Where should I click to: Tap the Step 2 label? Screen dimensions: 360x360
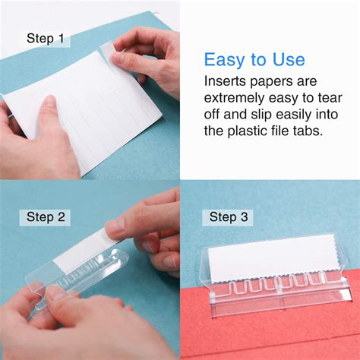pyautogui.click(x=45, y=217)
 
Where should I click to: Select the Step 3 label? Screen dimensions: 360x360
pyautogui.click(x=228, y=217)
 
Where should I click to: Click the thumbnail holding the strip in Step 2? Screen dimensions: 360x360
pyautogui.click(x=115, y=226)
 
